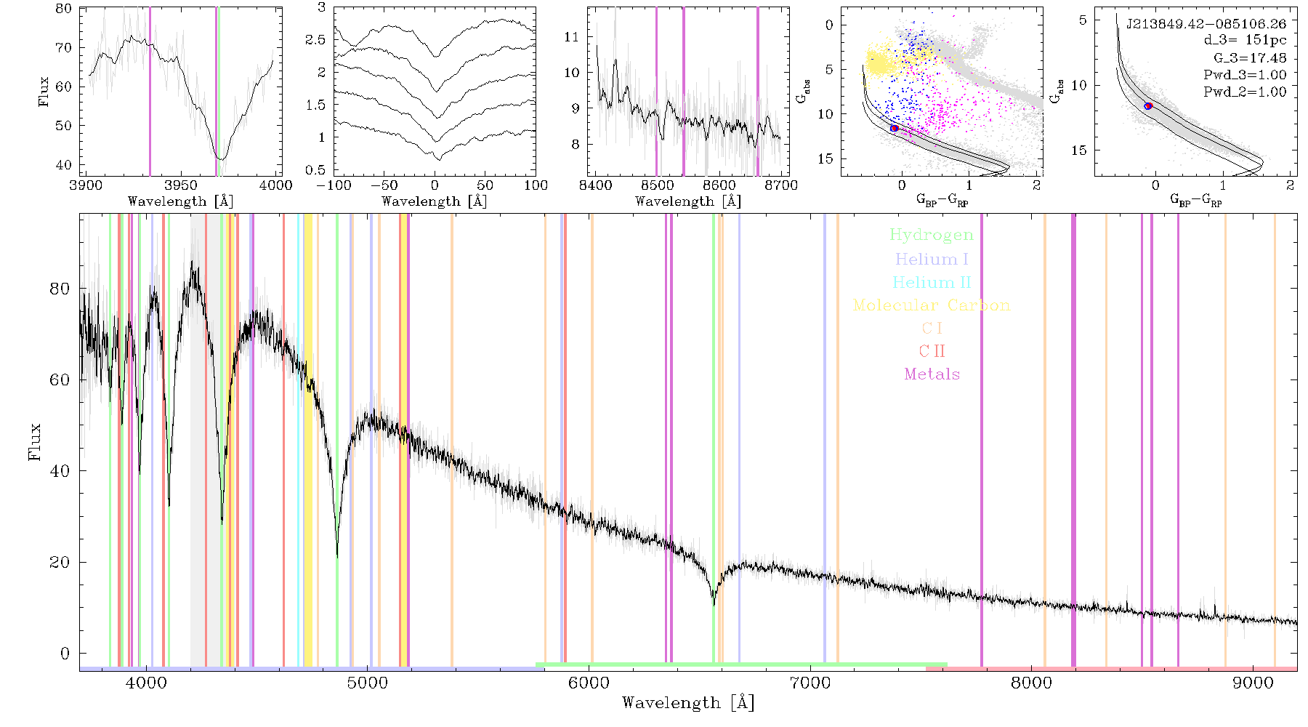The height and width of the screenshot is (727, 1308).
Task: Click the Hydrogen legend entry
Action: pyautogui.click(x=932, y=235)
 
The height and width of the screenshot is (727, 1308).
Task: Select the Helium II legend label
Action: pyautogui.click(x=932, y=282)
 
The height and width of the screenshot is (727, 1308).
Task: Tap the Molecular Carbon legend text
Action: pyautogui.click(x=932, y=305)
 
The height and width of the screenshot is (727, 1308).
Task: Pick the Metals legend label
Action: pyautogui.click(x=932, y=374)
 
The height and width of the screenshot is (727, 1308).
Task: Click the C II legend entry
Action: pyautogui.click(x=932, y=351)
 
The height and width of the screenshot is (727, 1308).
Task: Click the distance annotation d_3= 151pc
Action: pyautogui.click(x=1245, y=41)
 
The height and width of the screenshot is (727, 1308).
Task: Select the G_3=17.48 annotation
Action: pyautogui.click(x=1250, y=58)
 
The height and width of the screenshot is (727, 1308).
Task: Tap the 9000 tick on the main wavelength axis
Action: pyautogui.click(x=1253, y=683)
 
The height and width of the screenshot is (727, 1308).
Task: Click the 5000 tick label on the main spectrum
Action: pyautogui.click(x=368, y=683)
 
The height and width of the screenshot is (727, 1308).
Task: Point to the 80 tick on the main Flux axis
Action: pyautogui.click(x=60, y=289)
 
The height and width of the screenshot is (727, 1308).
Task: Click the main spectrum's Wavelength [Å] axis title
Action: pyautogui.click(x=688, y=703)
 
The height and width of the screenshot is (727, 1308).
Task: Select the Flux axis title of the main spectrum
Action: pyautogui.click(x=34, y=442)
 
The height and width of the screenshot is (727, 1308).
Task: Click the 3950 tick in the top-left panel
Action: pyautogui.click(x=181, y=185)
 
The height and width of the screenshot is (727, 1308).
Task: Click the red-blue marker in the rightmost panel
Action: pyautogui.click(x=1149, y=106)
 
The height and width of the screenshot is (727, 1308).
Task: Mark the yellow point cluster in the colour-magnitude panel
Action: pyautogui.click(x=881, y=62)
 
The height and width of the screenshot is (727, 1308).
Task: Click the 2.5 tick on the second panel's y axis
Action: pyautogui.click(x=315, y=40)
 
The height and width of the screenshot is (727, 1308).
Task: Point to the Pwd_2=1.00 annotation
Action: pyautogui.click(x=1245, y=92)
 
